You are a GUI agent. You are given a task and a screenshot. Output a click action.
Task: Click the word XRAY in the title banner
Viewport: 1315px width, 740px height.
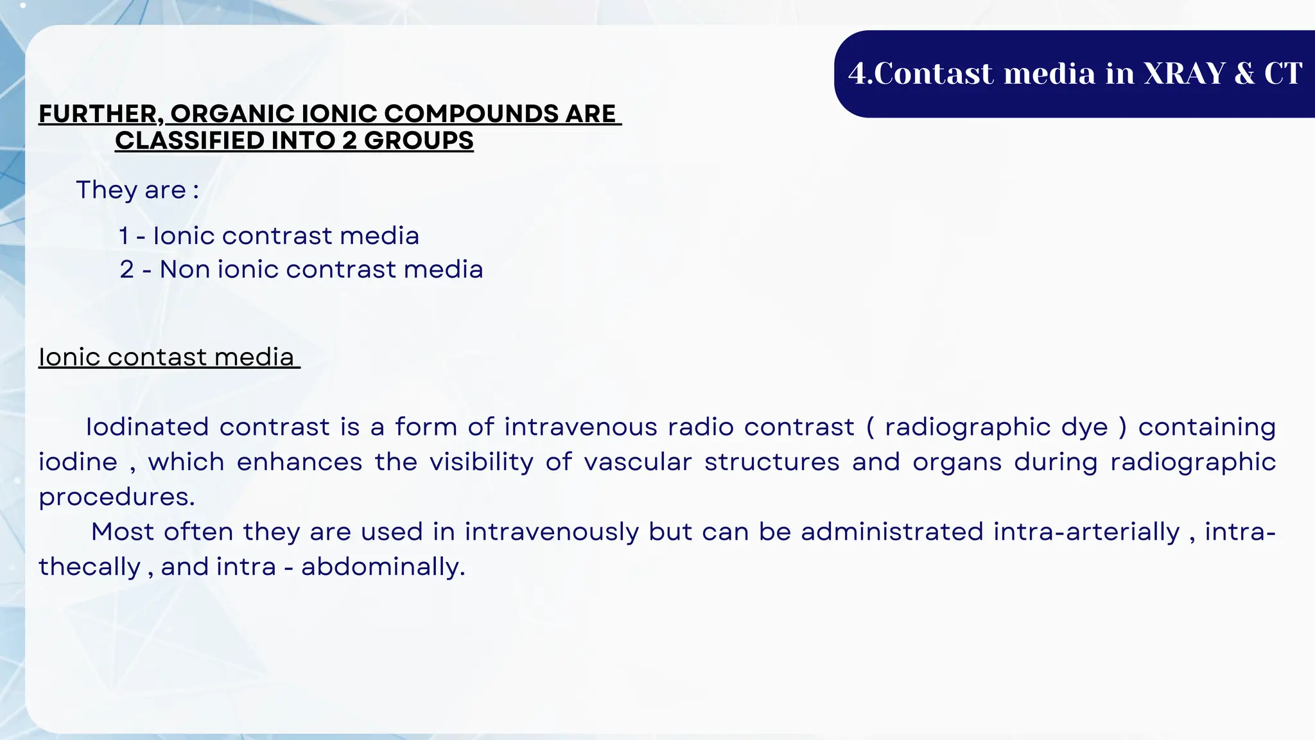[x=1185, y=73]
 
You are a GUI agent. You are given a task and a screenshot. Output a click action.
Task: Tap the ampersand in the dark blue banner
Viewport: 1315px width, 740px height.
[x=1244, y=73]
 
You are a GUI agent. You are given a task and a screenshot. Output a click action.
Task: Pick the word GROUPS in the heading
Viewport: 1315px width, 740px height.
[x=419, y=141]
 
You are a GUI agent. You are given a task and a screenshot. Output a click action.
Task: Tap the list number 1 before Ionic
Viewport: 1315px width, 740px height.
[x=124, y=236]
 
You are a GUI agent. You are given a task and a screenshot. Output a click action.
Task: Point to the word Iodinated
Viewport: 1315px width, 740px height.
[x=147, y=427]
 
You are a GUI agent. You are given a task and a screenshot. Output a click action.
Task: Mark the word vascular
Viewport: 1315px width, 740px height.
[x=638, y=463]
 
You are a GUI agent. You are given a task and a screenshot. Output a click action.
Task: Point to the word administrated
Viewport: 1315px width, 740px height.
[x=892, y=532]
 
